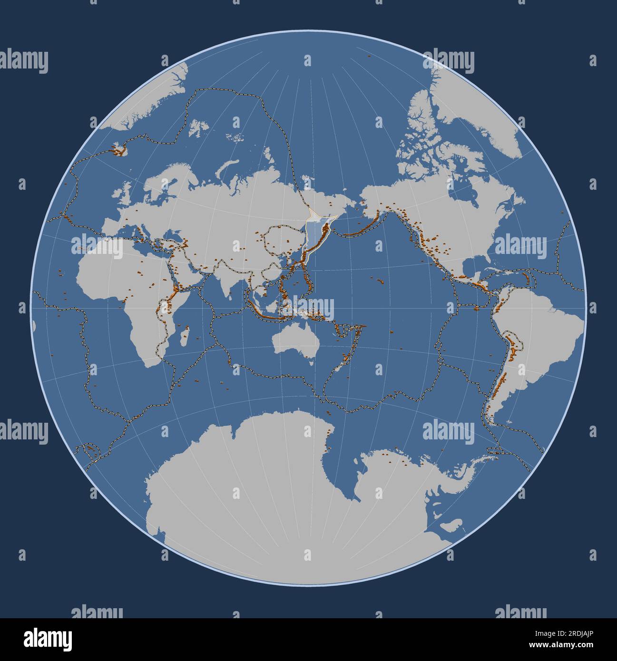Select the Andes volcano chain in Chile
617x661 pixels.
498,380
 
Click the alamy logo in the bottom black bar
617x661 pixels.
48,639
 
